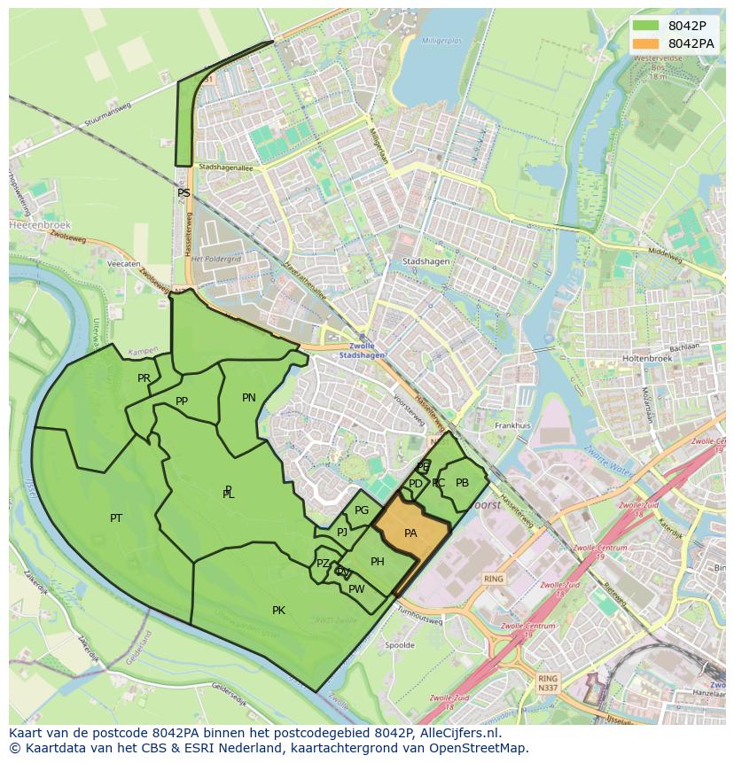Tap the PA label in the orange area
(410, 533)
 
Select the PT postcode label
(116, 518)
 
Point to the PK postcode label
(278, 611)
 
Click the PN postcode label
(249, 398)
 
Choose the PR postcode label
(144, 378)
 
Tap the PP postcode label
(182, 401)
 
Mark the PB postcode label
(462, 483)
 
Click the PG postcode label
(362, 510)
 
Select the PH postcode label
(378, 562)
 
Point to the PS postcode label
(183, 192)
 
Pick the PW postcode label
(356, 589)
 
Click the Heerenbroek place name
(33, 225)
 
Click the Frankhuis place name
(512, 425)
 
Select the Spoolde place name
(400, 645)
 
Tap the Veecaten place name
(123, 264)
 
